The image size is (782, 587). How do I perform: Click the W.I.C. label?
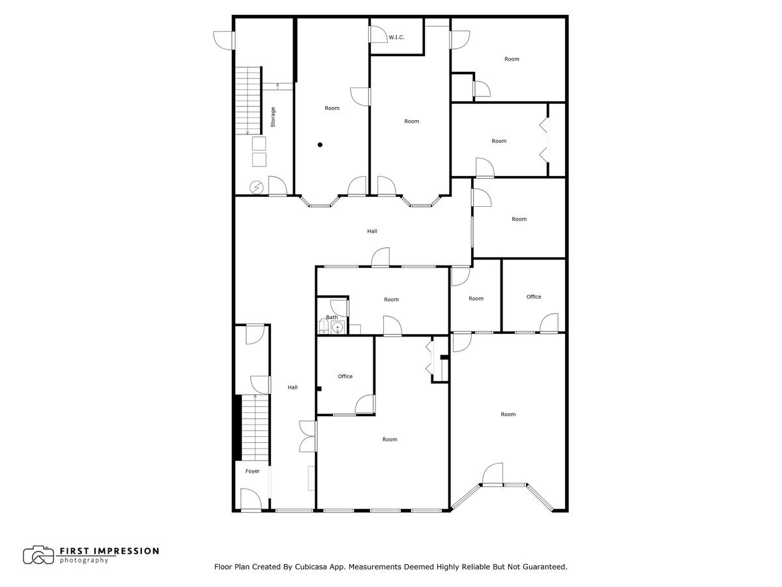pyautogui.click(x=396, y=38)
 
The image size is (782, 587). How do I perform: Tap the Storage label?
pyautogui.click(x=273, y=117)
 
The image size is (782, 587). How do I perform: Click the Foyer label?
pyautogui.click(x=252, y=471)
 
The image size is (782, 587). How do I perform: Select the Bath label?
pyautogui.click(x=332, y=317)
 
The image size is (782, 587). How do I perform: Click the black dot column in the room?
pyautogui.click(x=320, y=145)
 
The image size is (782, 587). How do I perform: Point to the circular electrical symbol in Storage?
pyautogui.click(x=257, y=188)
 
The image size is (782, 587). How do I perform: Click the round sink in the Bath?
pyautogui.click(x=338, y=327)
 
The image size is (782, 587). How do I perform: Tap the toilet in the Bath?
pyautogui.click(x=324, y=327)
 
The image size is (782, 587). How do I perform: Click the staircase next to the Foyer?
pyautogui.click(x=255, y=427)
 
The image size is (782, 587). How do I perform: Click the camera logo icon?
pyautogui.click(x=38, y=555)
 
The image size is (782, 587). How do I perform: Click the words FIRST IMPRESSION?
pyautogui.click(x=109, y=551)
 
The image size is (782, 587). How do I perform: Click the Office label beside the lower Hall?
pyautogui.click(x=345, y=376)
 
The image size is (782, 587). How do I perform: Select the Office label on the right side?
pyautogui.click(x=534, y=297)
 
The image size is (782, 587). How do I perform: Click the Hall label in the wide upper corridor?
pyautogui.click(x=371, y=231)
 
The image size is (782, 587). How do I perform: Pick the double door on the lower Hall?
pyautogui.click(x=308, y=436)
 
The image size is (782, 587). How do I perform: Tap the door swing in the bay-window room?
pyautogui.click(x=493, y=474)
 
